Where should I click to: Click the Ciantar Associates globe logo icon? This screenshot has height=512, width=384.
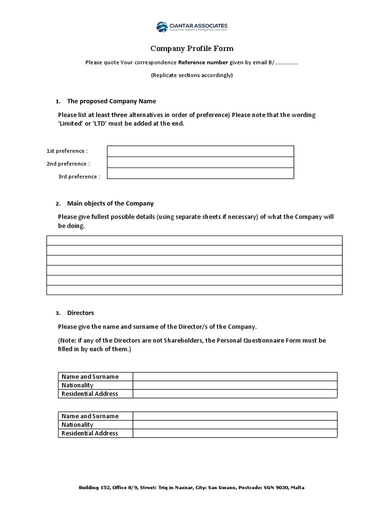pyautogui.click(x=162, y=27)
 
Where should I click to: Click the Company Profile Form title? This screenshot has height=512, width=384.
pyautogui.click(x=192, y=49)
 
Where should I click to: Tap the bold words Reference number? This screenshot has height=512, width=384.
pyautogui.click(x=199, y=63)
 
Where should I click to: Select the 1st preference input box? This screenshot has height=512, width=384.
pyautogui.click(x=200, y=151)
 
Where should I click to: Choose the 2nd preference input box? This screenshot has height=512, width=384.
pyautogui.click(x=200, y=162)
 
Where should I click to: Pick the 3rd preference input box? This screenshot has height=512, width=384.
pyautogui.click(x=200, y=173)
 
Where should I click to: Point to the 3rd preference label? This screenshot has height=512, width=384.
pyautogui.click(x=79, y=176)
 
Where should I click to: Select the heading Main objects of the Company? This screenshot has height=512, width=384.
pyautogui.click(x=110, y=203)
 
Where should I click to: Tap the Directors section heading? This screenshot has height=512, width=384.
pyautogui.click(x=80, y=312)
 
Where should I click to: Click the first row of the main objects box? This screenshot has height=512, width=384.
pyautogui.click(x=194, y=240)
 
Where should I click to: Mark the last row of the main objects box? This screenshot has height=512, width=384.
pyautogui.click(x=194, y=290)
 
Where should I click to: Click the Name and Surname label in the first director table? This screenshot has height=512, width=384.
pyautogui.click(x=90, y=376)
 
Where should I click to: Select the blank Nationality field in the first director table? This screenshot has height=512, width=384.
pyautogui.click(x=235, y=385)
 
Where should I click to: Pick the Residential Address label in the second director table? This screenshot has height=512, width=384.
pyautogui.click(x=90, y=433)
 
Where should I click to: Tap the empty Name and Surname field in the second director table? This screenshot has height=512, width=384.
pyautogui.click(x=235, y=416)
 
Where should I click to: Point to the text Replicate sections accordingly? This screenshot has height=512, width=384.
pyautogui.click(x=192, y=75)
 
